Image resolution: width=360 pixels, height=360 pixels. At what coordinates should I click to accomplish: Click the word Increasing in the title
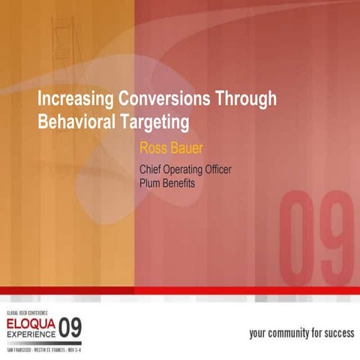click(x=74, y=99)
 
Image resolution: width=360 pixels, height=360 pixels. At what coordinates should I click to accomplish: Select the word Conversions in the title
click(x=163, y=99)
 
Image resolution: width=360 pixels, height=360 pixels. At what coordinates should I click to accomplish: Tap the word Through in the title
click(x=247, y=99)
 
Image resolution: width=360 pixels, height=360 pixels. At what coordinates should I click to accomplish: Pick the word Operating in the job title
click(x=187, y=169)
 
